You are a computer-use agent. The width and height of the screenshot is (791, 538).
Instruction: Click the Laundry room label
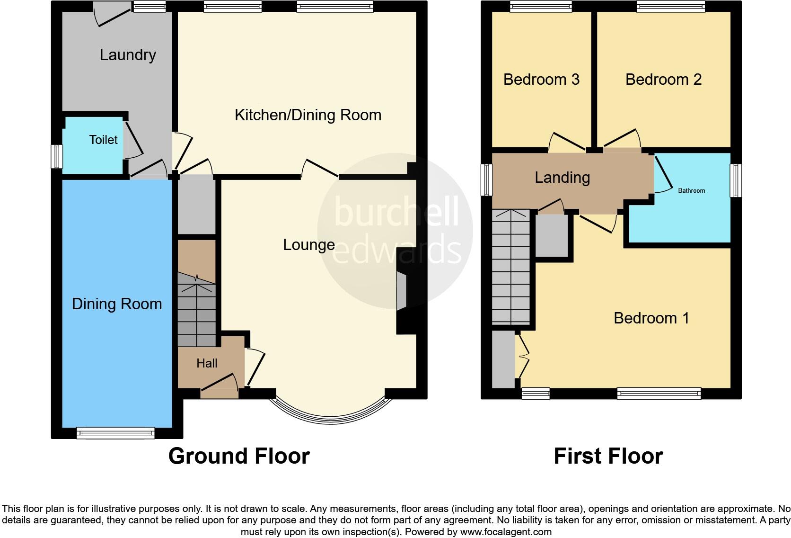click(x=128, y=55)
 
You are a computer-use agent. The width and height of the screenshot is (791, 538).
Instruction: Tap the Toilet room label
click(x=103, y=140)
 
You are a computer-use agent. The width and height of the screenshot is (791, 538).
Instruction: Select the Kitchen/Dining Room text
click(x=308, y=115)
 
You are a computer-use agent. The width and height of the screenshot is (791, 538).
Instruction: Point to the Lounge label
click(x=309, y=245)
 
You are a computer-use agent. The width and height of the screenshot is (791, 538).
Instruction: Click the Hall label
click(x=207, y=363)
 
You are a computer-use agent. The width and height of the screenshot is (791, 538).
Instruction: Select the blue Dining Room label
click(x=117, y=304)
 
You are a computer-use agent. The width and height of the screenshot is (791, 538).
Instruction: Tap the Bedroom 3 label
click(x=541, y=80)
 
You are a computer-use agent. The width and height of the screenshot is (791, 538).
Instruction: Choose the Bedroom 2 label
click(x=663, y=80)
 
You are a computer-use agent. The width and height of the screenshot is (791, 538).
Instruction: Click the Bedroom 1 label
click(x=651, y=318)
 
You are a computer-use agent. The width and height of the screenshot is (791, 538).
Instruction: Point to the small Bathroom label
click(x=691, y=191)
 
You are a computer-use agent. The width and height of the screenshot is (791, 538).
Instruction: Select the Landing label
click(x=562, y=178)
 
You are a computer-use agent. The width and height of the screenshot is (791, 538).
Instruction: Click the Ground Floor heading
click(x=239, y=456)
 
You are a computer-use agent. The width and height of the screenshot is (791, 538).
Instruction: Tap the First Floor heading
click(x=608, y=456)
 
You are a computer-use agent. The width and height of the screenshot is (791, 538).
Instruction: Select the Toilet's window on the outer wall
click(x=57, y=156)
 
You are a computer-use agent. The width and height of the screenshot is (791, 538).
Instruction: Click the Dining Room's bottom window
click(x=115, y=433)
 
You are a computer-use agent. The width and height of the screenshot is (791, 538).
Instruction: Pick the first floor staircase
click(x=510, y=268)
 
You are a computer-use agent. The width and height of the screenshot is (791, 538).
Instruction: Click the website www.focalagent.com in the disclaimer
click(x=506, y=532)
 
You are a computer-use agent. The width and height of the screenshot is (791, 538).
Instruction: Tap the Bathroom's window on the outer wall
click(x=736, y=180)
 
